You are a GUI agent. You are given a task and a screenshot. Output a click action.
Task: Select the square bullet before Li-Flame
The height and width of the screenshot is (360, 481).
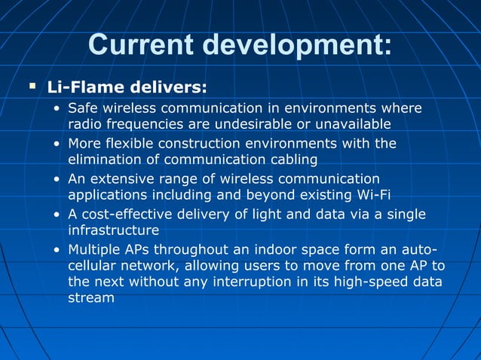32,87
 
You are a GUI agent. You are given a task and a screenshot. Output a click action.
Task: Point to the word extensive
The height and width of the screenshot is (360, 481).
121,179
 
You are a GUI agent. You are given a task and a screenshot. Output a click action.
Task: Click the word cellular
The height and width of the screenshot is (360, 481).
93,266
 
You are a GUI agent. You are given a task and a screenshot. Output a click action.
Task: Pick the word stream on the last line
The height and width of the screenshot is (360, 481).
90,297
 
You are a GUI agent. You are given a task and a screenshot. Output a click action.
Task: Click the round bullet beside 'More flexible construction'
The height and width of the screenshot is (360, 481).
57,144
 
